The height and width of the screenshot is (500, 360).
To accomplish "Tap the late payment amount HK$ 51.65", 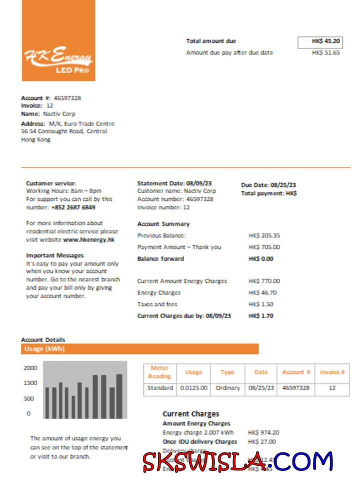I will pos(325,52).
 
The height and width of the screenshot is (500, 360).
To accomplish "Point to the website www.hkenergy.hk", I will pos(89,239).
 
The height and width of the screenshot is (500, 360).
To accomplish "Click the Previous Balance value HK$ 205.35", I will pos(264,235).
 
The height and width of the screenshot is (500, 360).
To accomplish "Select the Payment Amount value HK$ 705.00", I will pos(264,247).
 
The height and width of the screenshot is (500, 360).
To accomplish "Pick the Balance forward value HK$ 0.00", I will pos(261,258).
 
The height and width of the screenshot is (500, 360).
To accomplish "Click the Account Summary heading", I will pos(163,224).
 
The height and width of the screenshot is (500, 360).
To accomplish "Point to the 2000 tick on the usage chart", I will pos(30,368).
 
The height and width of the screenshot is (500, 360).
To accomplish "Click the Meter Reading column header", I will pos(159,372).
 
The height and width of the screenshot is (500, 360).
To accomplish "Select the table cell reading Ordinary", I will pos(227,388).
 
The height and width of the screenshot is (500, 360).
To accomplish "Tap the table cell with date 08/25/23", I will pos(261,388).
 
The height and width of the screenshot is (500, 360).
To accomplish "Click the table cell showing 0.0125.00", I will pos(193,388).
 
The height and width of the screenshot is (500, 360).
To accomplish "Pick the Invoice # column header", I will pos(332,372).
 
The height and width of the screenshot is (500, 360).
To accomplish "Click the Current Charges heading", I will pos(190,414).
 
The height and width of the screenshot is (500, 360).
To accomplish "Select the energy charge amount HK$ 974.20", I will pos(263,432).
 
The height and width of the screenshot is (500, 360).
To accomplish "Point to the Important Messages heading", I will pos(54,255).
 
